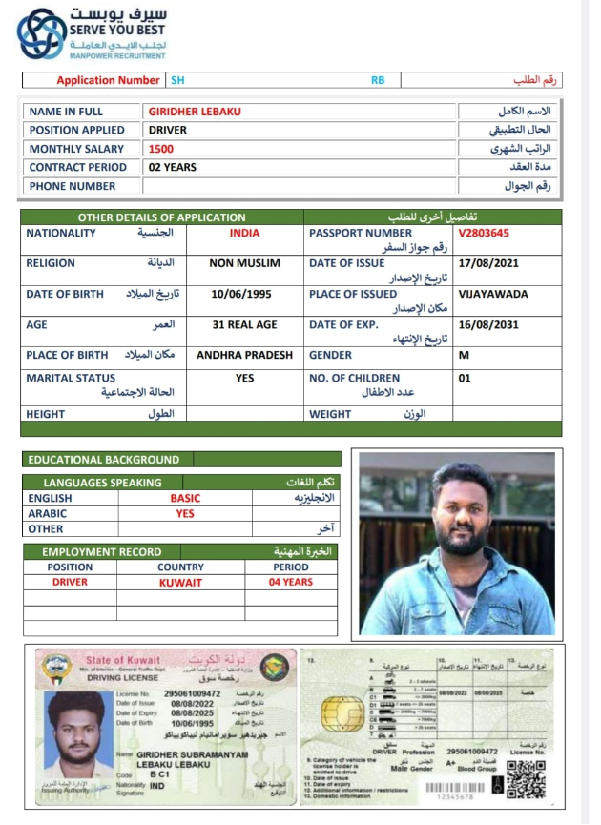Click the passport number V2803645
[x=483, y=233]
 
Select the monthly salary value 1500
[x=161, y=149]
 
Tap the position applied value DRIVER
[x=168, y=130]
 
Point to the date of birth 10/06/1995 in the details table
[x=241, y=295]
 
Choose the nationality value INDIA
[x=244, y=233]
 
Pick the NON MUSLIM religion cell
[x=244, y=263]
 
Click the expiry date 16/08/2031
[x=488, y=325]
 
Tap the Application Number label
[x=108, y=81]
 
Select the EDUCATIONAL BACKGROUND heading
[x=104, y=460]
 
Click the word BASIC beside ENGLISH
[x=185, y=499]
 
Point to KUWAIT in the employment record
[x=180, y=583]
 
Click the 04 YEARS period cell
[x=290, y=583]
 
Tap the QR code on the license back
[x=526, y=778]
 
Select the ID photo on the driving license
[x=75, y=735]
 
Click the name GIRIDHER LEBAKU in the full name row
[x=195, y=112]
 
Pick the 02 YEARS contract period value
[x=173, y=168]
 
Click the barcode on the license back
[x=453, y=789]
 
